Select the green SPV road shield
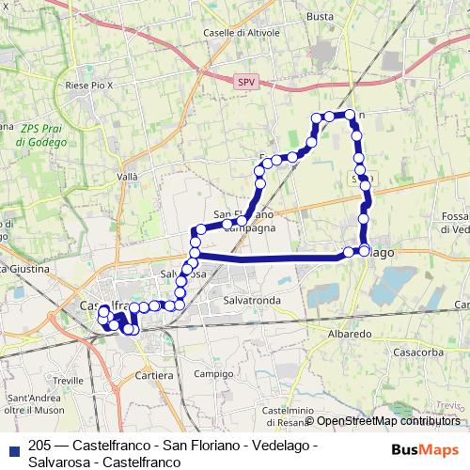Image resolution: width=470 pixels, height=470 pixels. click(245, 83)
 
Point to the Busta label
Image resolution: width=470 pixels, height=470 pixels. click(320, 17)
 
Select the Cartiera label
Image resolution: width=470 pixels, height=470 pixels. click(154, 375)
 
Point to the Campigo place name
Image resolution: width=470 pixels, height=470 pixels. click(214, 373)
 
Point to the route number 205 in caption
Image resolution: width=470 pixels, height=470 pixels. click(40, 445)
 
